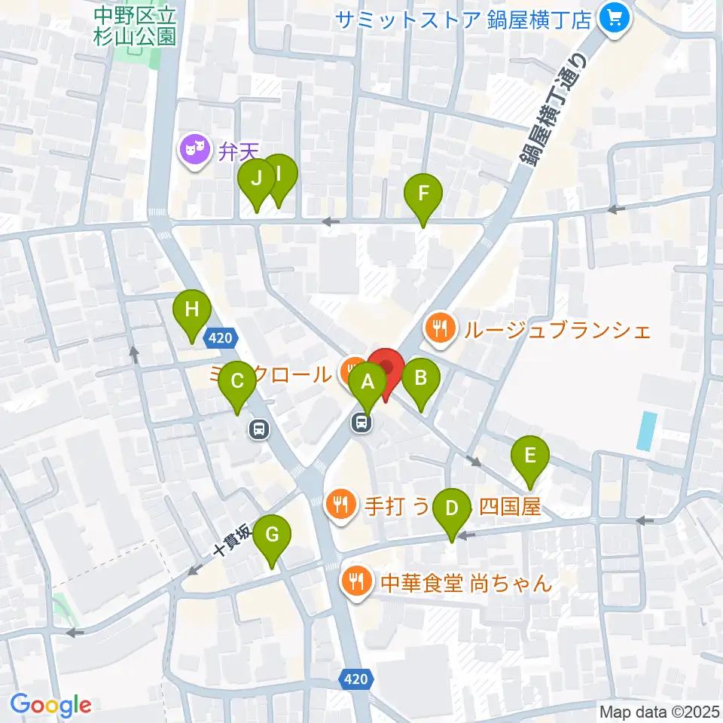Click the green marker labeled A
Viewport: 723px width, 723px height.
click(x=368, y=383)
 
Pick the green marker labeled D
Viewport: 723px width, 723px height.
click(x=451, y=508)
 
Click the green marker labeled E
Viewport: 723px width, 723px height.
click(x=530, y=456)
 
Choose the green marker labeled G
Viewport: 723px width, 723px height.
click(x=272, y=535)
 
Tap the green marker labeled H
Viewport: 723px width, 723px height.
click(x=192, y=310)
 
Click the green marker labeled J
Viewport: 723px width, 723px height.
click(x=256, y=180)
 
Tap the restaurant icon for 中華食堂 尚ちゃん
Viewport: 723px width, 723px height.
click(x=355, y=581)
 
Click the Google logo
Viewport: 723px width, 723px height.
click(x=50, y=705)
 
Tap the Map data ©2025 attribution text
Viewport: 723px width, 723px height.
click(x=658, y=710)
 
